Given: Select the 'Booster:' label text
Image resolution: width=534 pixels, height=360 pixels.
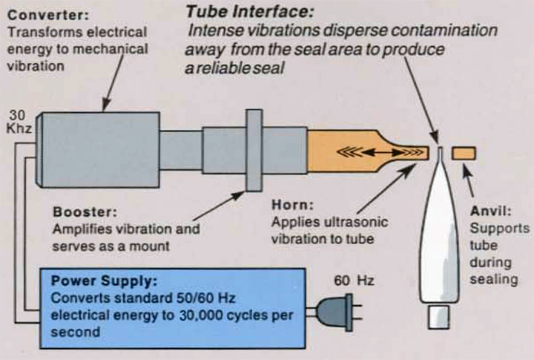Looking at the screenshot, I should pyautogui.click(x=78, y=212).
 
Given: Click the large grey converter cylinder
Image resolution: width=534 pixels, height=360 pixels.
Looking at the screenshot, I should pyautogui.click(x=99, y=151).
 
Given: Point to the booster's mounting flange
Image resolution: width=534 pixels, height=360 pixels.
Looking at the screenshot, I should pyautogui.click(x=254, y=151).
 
